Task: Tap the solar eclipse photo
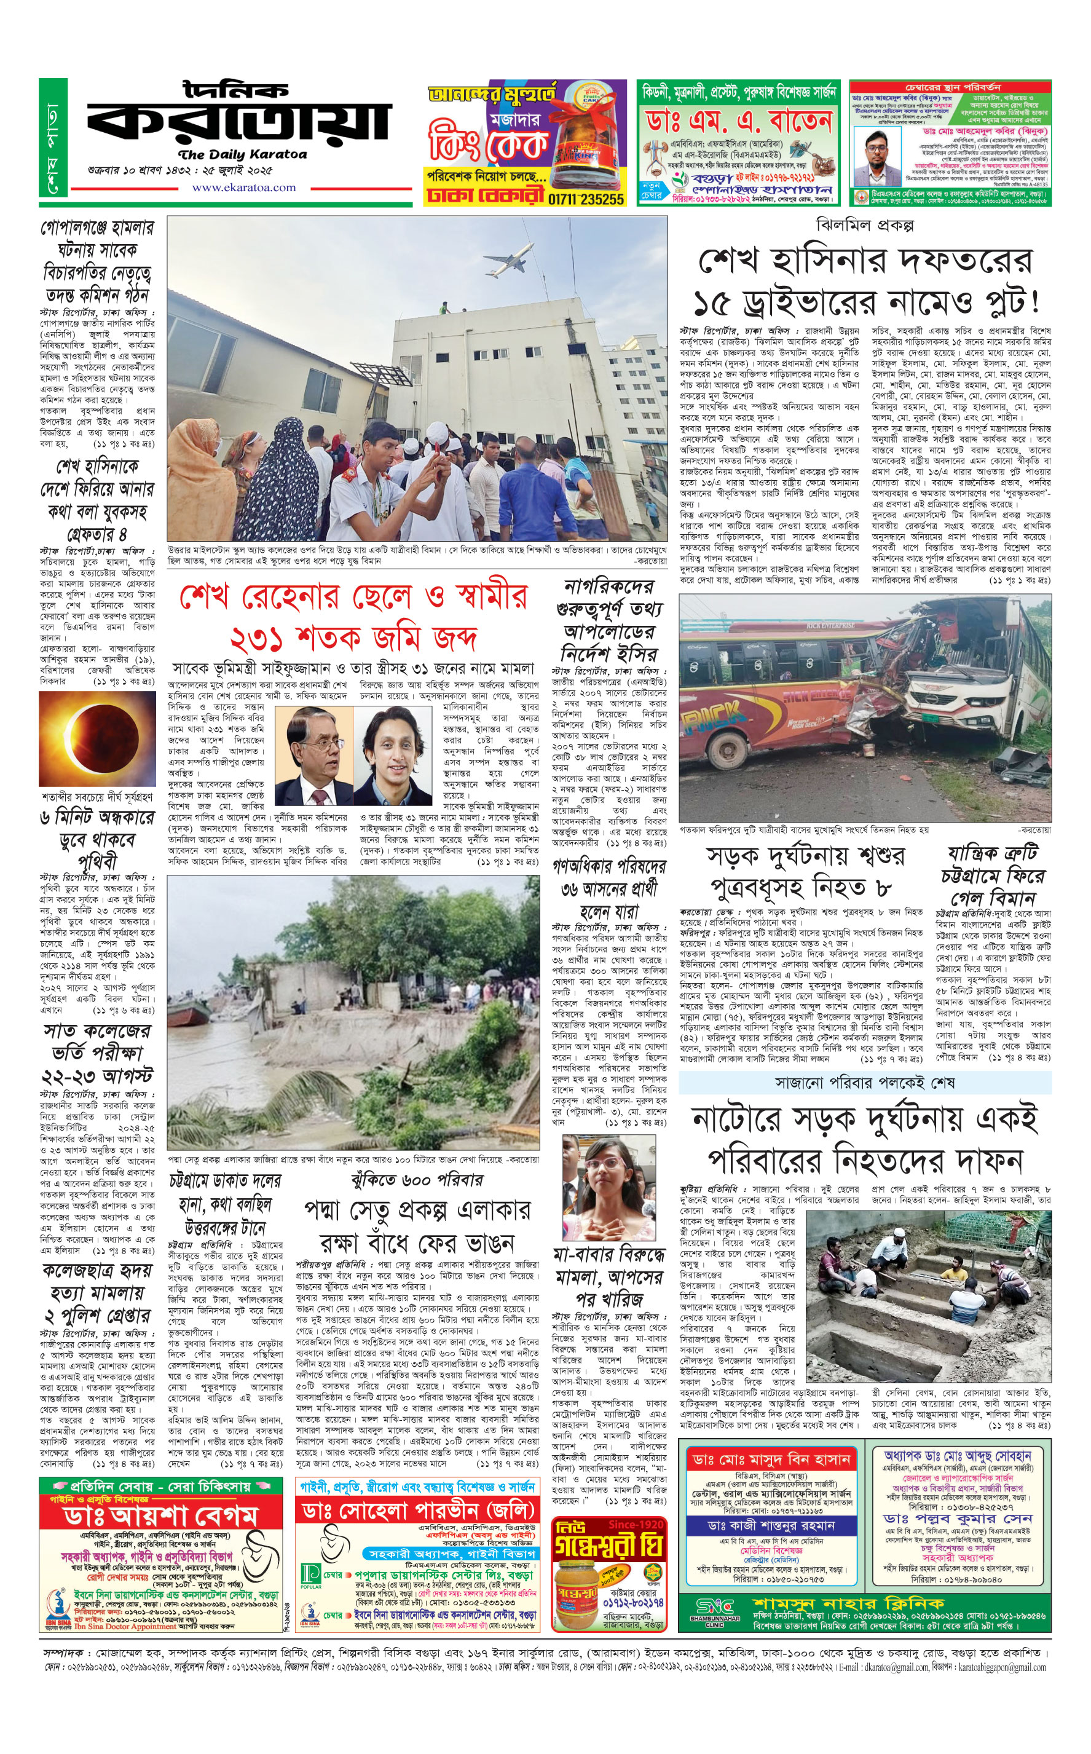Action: pyautogui.click(x=97, y=739)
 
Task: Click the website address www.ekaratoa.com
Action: pyautogui.click(x=243, y=188)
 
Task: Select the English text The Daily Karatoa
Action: pyautogui.click(x=242, y=154)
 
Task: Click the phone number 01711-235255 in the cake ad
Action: pyautogui.click(x=585, y=199)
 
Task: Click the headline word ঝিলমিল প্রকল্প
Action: pyautogui.click(x=864, y=225)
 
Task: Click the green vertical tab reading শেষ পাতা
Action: pyautogui.click(x=53, y=138)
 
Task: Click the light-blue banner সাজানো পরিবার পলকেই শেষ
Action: pyautogui.click(x=864, y=1082)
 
